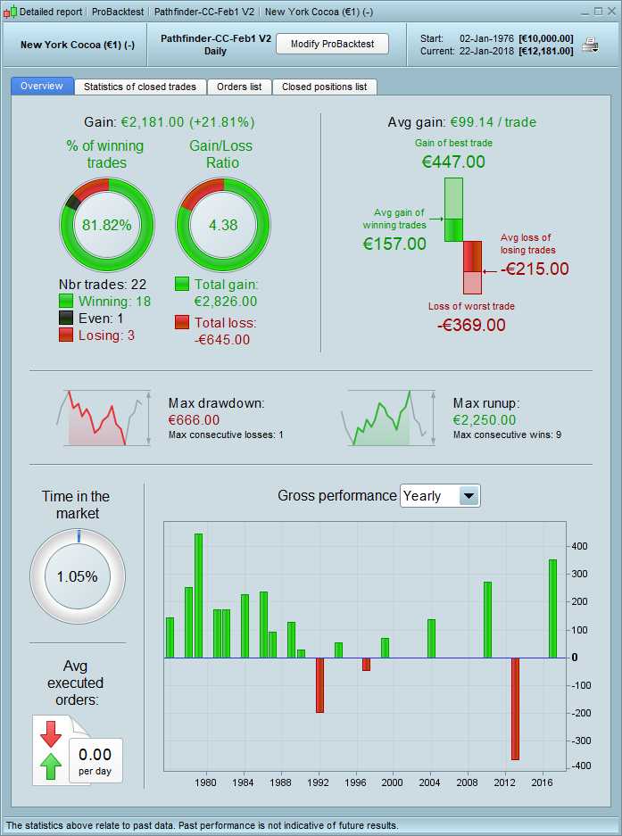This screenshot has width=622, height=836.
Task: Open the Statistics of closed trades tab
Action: click(140, 87)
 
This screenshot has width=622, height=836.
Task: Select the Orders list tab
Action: click(238, 87)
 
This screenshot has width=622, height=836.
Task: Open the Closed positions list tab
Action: click(324, 87)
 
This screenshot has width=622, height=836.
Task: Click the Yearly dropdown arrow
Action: click(469, 495)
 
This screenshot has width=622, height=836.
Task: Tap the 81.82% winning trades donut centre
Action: click(106, 225)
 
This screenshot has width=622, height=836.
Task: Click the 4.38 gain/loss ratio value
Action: click(223, 225)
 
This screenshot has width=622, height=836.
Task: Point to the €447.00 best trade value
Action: click(453, 161)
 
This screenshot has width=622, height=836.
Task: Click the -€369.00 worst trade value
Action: click(471, 324)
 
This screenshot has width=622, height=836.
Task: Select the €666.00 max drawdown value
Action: click(195, 420)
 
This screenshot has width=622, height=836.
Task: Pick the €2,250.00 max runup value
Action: click(484, 420)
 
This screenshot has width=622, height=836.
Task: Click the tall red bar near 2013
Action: click(515, 708)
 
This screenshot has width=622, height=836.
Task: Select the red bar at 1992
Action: click(319, 685)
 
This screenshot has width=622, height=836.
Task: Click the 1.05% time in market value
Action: click(78, 576)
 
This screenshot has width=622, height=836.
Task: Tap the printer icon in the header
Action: click(590, 45)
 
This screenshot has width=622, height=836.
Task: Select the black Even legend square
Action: click(66, 319)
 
